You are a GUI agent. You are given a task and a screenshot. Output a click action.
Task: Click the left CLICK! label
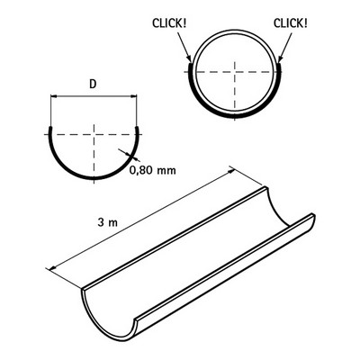[169, 23]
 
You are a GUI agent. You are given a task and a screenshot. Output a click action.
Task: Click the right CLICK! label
[291, 23]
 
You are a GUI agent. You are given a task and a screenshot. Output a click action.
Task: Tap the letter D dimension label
[93, 85]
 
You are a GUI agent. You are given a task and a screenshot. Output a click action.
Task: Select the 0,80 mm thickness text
[153, 170]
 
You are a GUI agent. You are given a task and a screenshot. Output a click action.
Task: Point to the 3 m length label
[107, 222]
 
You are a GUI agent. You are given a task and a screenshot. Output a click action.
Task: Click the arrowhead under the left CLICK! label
[189, 58]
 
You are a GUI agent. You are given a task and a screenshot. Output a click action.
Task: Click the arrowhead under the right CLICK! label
[280, 58]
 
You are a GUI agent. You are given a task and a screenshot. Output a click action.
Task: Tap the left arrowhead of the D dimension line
[53, 96]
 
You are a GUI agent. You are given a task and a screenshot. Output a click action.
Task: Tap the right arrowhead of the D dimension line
[134, 96]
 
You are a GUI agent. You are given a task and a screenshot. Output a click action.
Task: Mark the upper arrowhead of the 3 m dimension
[232, 170]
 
